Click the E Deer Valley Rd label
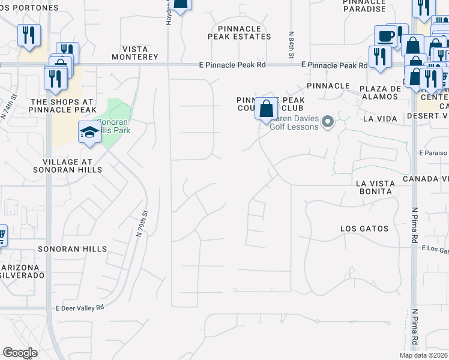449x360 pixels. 80,307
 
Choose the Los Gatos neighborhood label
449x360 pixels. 364,229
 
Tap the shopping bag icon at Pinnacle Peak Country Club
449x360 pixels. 267,110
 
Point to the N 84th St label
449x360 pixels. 291,46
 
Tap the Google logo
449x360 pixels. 20,353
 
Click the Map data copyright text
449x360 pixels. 423,355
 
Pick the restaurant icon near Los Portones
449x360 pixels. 28,35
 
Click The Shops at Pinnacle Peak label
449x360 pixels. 63,106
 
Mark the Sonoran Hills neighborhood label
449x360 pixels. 73,248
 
